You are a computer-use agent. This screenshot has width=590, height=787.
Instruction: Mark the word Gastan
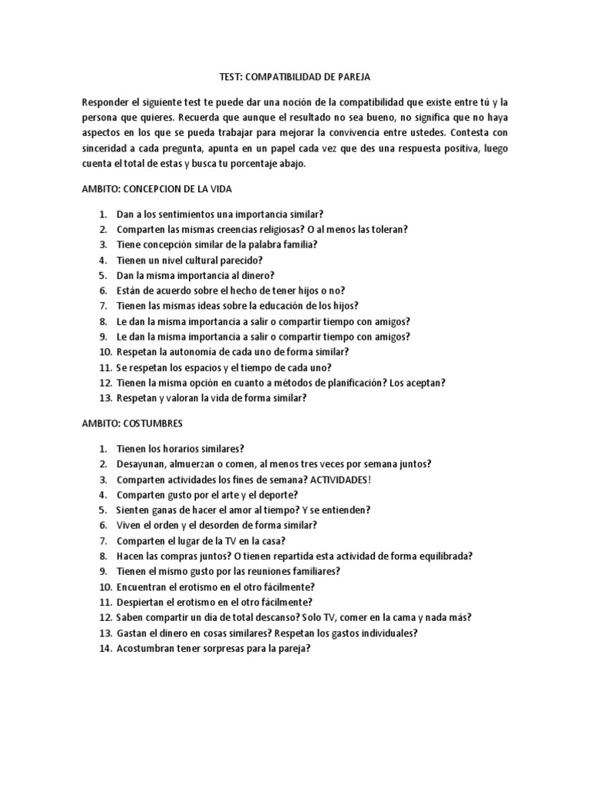coord(133,633)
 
